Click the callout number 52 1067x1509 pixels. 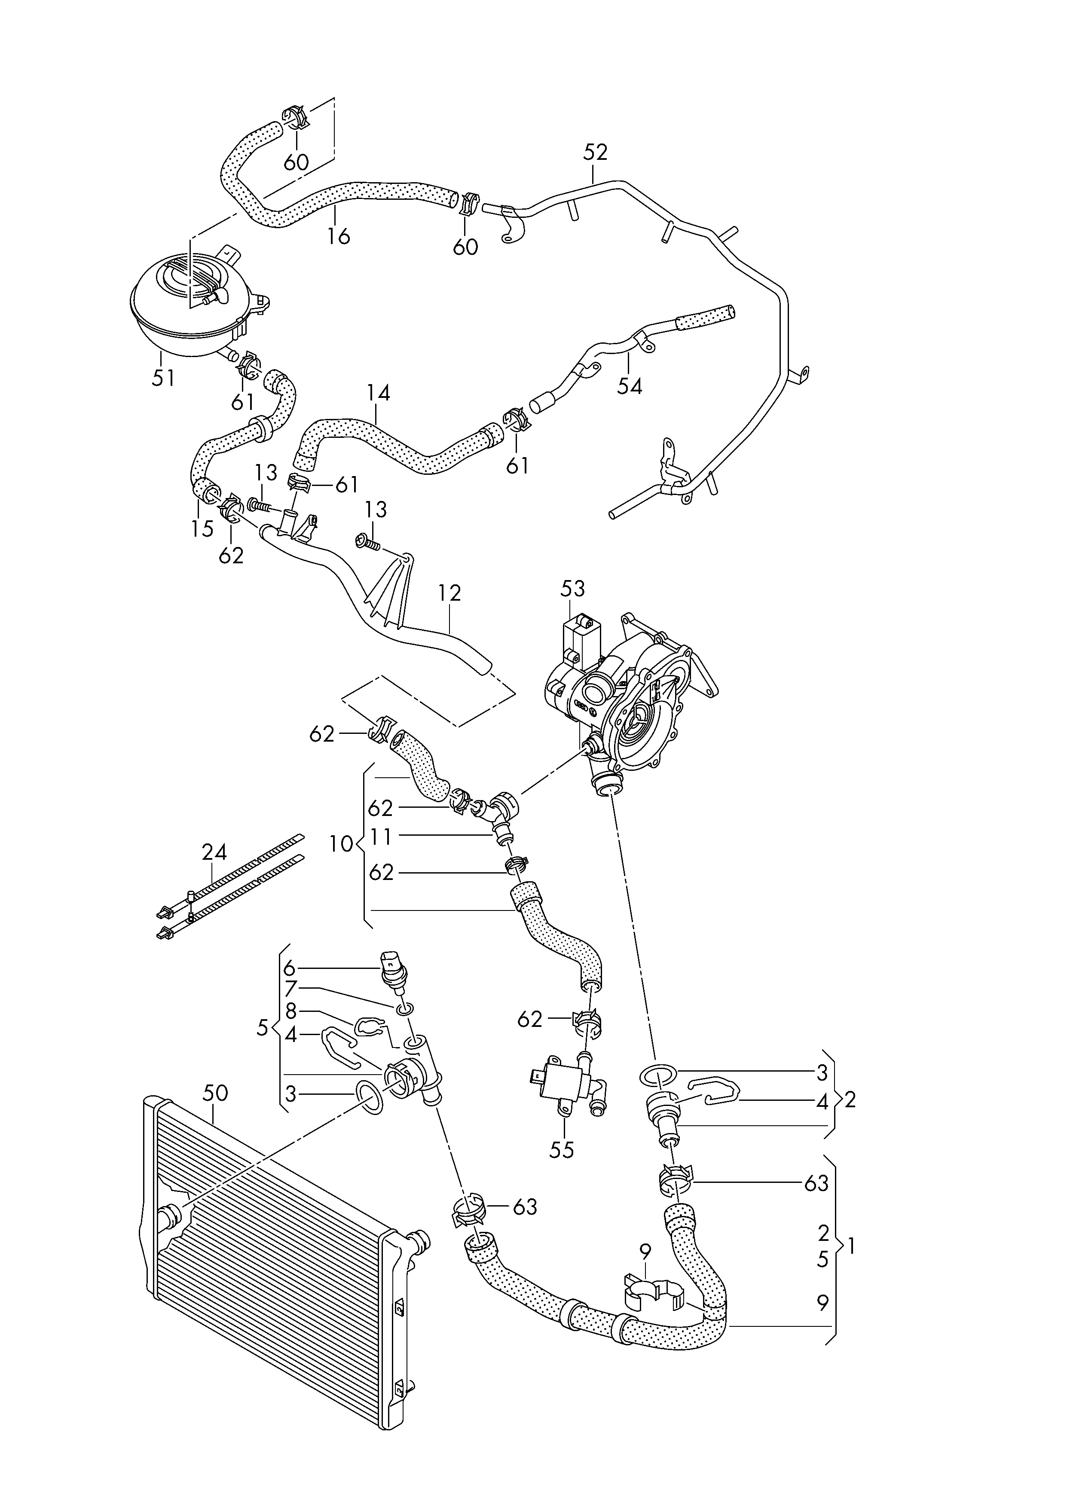(595, 153)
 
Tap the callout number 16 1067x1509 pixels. (339, 236)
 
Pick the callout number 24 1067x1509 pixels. (214, 853)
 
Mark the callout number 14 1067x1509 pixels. (378, 393)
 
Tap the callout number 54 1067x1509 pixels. (629, 386)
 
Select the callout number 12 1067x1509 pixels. (449, 593)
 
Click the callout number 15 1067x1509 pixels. (202, 528)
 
